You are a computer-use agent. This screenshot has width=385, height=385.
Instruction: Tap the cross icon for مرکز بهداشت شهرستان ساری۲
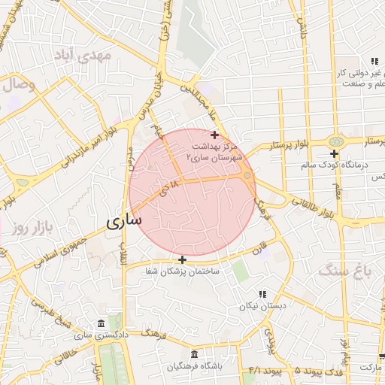pos(214,135)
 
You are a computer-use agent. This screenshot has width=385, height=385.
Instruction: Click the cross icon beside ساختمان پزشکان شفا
pos(182,259)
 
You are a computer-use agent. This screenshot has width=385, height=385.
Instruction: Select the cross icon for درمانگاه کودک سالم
pos(334,153)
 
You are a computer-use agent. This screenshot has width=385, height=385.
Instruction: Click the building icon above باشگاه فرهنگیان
pos(195,354)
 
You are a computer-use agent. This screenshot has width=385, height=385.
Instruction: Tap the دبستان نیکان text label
pos(254,306)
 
